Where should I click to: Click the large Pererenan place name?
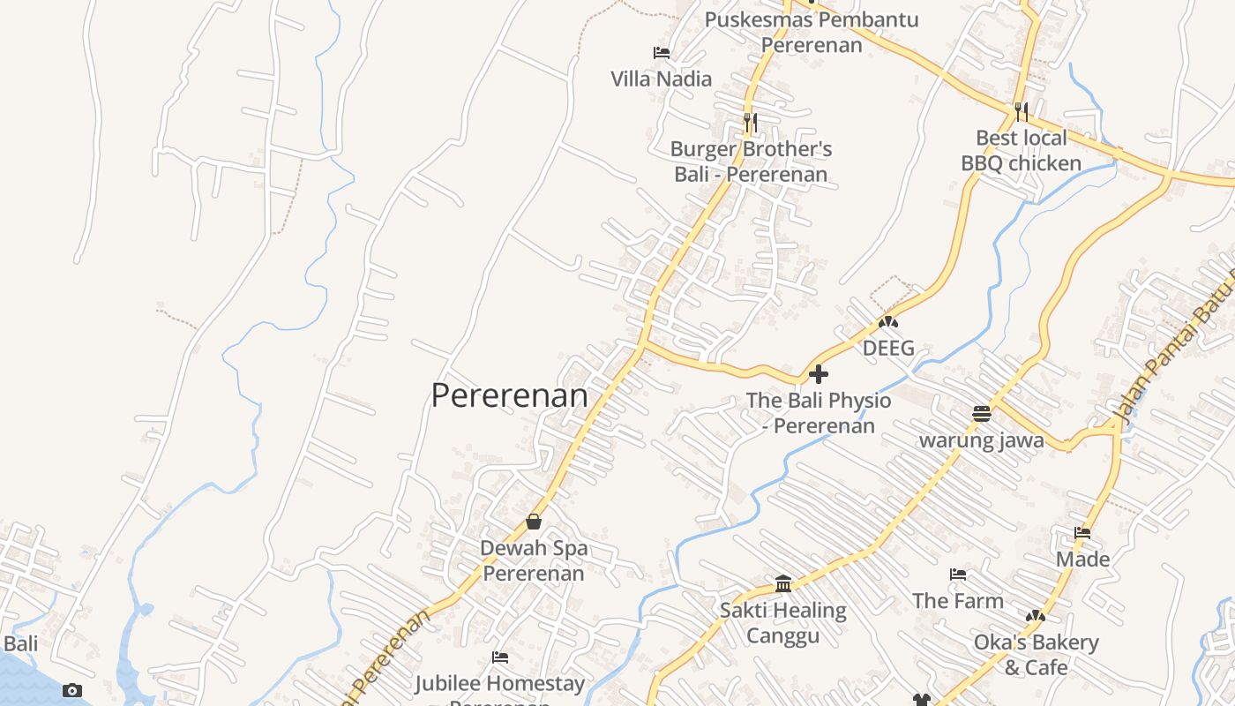click(x=509, y=395)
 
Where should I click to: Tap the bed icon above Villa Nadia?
click(x=662, y=53)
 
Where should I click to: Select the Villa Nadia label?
click(x=662, y=79)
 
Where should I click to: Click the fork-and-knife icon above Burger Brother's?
click(x=750, y=122)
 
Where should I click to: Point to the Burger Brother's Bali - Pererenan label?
click(x=751, y=161)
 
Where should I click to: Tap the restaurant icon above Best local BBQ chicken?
click(x=1021, y=111)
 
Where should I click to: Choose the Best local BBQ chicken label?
click(x=1021, y=150)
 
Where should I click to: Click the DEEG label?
click(x=888, y=348)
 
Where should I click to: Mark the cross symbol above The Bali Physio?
click(x=819, y=374)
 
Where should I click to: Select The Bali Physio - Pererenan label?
click(x=819, y=413)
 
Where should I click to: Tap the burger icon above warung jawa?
click(x=982, y=413)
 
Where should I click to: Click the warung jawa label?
click(x=982, y=439)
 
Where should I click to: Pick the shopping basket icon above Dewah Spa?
click(x=534, y=522)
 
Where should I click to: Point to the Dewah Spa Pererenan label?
click(x=534, y=560)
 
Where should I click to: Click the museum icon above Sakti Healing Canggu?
click(x=783, y=583)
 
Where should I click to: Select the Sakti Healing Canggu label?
click(x=783, y=622)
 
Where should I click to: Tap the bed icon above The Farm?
click(x=958, y=575)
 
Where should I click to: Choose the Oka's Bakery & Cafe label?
click(x=1036, y=654)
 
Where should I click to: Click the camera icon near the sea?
click(x=72, y=690)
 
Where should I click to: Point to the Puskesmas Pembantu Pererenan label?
click(x=812, y=32)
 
